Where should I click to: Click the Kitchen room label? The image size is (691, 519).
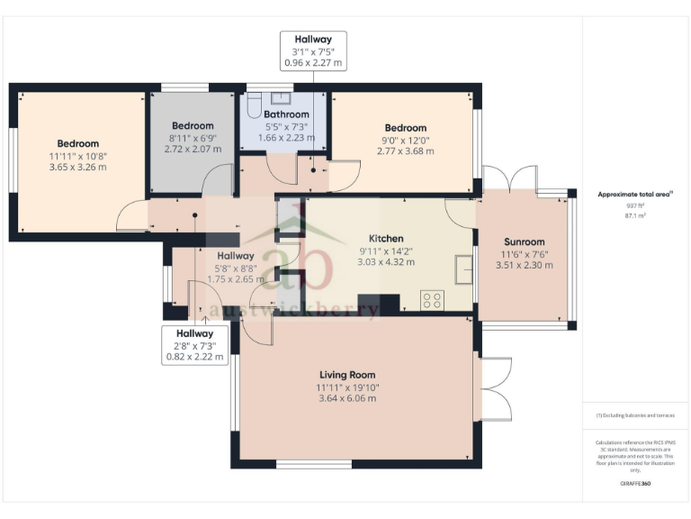point(386,239)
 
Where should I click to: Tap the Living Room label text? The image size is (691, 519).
point(346,375)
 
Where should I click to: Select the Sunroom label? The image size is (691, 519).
point(523,241)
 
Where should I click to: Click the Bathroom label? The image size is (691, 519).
point(286,114)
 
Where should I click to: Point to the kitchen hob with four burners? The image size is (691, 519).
point(431,300)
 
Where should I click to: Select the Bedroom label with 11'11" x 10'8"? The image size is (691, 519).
point(77,143)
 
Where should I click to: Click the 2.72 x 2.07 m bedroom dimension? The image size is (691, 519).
point(193,148)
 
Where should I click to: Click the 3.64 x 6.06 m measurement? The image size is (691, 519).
point(346,398)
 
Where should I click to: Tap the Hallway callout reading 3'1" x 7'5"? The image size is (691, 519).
point(312,50)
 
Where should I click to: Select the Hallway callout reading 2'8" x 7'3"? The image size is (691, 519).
point(194,345)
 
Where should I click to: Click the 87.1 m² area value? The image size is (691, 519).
point(636,216)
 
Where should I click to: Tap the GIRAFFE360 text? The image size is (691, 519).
point(635,484)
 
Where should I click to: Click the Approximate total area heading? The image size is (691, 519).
point(635,194)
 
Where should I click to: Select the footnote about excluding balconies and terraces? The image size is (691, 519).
point(635,414)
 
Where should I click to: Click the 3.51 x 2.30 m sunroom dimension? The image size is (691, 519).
point(523,266)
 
